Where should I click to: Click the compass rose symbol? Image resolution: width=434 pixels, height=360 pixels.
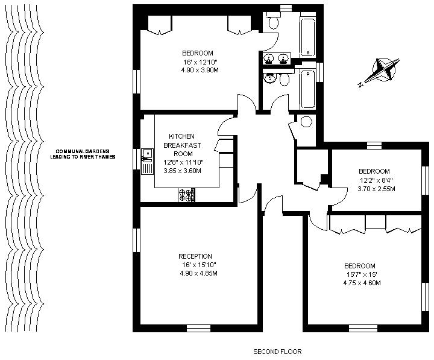pos(383,70)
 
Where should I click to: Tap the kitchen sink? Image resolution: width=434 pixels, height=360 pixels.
pos(147,162)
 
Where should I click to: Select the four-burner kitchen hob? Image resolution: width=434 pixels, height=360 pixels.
pos(186,195)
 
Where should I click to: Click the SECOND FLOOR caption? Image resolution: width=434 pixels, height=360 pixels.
pos(277,352)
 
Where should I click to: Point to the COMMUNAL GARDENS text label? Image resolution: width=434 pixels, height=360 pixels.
pos(83,151)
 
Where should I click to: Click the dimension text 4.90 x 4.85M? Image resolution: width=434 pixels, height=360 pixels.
pos(198,273)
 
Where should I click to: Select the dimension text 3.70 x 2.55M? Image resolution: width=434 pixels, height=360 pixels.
pos(376,189)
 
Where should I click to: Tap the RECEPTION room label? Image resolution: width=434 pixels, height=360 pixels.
pos(195,256)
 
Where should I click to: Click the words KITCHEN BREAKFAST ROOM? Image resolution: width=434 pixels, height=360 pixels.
pos(182,145)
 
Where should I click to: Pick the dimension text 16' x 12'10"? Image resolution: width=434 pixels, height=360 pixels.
pos(200,62)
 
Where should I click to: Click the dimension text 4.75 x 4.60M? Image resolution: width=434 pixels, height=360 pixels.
pos(362,283)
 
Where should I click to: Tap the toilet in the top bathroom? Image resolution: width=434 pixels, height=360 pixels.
pos(274,21)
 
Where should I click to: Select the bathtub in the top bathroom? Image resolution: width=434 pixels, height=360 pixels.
pos(308,37)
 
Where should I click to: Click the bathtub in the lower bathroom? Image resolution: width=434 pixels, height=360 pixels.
pos(307,89)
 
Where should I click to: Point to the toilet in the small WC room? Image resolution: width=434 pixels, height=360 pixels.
pos(306,121)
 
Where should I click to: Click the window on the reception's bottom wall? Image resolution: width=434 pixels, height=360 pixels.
pos(198,328)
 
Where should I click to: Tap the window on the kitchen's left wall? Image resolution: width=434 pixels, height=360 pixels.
pos(136,159)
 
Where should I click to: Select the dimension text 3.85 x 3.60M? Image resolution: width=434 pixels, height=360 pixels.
pos(182,171)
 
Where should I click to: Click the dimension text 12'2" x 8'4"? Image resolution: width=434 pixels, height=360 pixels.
pos(376,180)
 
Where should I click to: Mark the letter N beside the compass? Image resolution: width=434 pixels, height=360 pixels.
pos(360,85)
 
